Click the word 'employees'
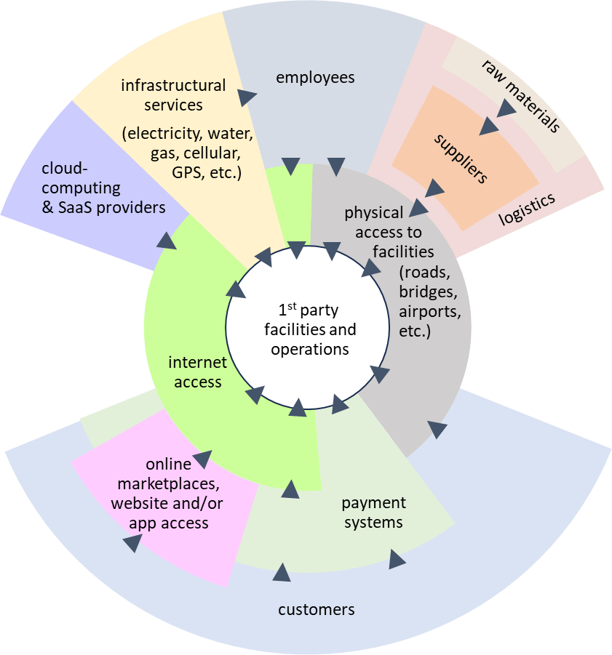pyautogui.click(x=315, y=77)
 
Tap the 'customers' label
pyautogui.click(x=317, y=609)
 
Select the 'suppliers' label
pyautogui.click(x=461, y=156)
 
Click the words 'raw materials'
pyautogui.click(x=521, y=95)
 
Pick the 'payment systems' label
pyautogui.click(x=374, y=513)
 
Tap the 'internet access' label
pyautogui.click(x=198, y=371)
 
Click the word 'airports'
pyautogui.click(x=430, y=312)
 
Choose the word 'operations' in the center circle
pyautogui.click(x=310, y=349)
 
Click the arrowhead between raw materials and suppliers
pyautogui.click(x=506, y=110)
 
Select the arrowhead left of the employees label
pyautogui.click(x=248, y=95)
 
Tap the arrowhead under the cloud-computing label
pyautogui.click(x=167, y=241)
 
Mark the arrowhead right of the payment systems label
pyautogui.click(x=397, y=559)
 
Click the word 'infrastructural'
pyautogui.click(x=173, y=86)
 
